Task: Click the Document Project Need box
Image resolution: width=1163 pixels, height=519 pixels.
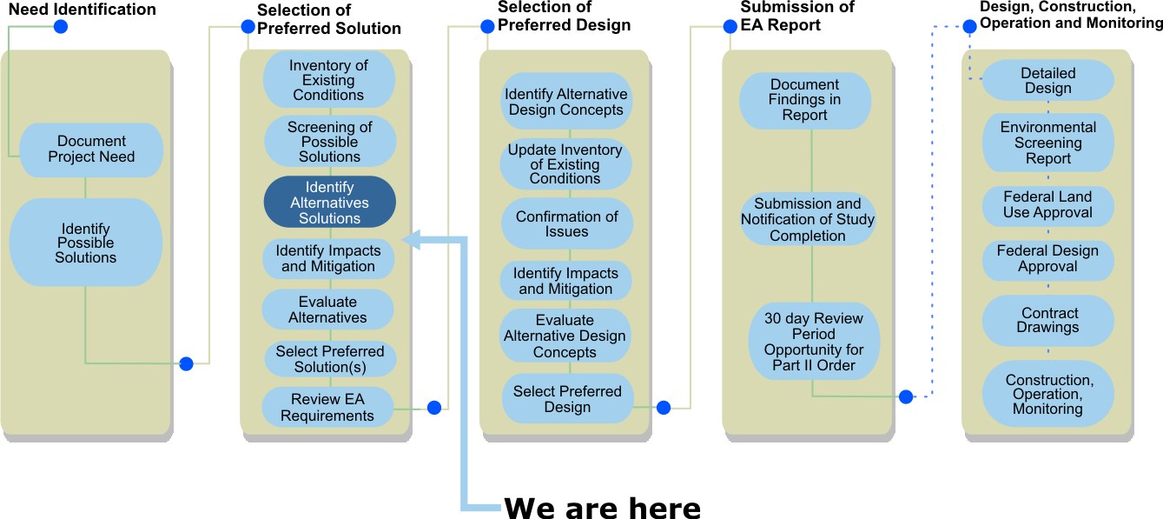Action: (91, 150)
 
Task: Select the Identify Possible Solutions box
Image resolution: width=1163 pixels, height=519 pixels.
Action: (85, 243)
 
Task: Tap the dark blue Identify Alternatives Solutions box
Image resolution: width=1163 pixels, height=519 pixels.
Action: (329, 203)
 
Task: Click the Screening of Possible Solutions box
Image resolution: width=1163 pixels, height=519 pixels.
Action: (329, 142)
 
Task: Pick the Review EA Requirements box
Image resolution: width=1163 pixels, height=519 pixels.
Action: (327, 408)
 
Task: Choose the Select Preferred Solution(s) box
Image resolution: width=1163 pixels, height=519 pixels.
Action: (329, 359)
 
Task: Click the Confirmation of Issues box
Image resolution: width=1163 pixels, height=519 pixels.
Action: (566, 224)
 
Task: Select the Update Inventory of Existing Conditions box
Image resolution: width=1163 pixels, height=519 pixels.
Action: (565, 164)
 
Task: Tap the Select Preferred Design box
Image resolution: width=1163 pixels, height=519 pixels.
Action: (567, 399)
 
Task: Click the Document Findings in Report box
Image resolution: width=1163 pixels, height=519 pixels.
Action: (804, 100)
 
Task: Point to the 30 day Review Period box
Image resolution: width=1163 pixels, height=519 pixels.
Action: (814, 342)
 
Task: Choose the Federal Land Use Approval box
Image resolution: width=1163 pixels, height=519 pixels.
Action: (1047, 205)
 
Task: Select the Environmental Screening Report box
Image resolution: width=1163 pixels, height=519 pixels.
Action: (1047, 143)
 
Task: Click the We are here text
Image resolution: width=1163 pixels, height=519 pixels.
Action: (602, 506)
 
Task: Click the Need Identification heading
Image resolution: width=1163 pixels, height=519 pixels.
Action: (83, 10)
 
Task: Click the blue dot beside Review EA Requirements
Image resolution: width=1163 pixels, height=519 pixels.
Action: (434, 407)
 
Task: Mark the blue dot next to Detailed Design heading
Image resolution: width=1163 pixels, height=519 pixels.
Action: (969, 27)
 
